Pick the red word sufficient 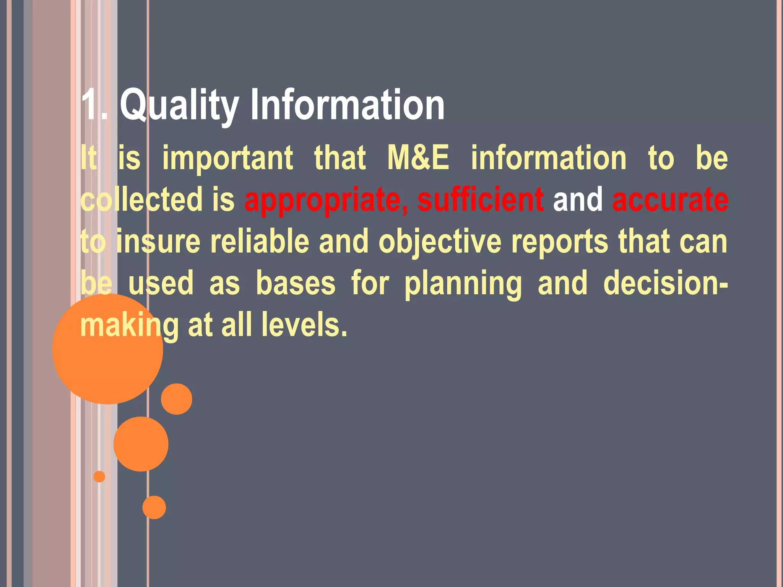coord(480,199)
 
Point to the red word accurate coord(670,199)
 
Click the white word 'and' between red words coord(578,199)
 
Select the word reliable coord(260,241)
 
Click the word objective coord(440,242)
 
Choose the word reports coord(559,242)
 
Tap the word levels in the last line coord(304,325)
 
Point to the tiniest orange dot coord(99,477)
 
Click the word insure coord(158,241)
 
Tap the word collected coord(141,199)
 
